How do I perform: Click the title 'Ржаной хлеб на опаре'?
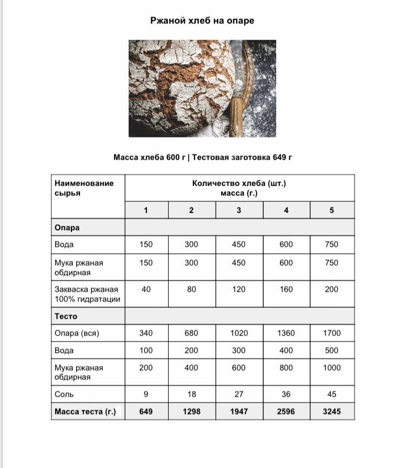(x=202, y=21)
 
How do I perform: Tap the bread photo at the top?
(x=202, y=88)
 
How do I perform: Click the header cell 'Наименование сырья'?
(x=84, y=188)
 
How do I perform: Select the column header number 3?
(x=239, y=210)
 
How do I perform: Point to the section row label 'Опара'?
(x=67, y=228)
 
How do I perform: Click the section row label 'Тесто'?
(x=66, y=316)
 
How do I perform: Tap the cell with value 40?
(x=146, y=289)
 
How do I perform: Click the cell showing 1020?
(x=239, y=333)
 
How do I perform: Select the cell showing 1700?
(x=332, y=333)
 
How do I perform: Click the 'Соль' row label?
(x=64, y=394)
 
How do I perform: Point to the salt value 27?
(x=239, y=394)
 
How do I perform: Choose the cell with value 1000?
(x=332, y=368)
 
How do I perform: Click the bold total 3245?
(x=332, y=412)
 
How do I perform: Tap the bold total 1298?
(x=191, y=412)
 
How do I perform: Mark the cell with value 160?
(x=286, y=289)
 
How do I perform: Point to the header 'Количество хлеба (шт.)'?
(x=239, y=183)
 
